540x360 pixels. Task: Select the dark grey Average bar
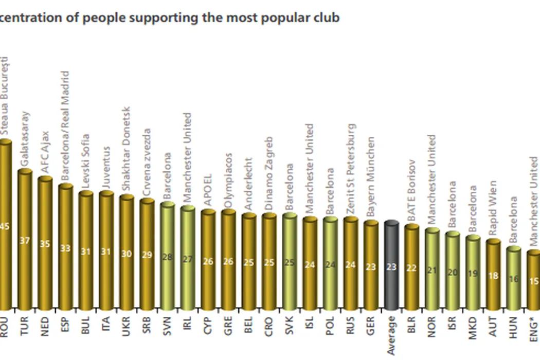click(x=391, y=265)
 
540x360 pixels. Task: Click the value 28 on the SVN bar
click(x=167, y=257)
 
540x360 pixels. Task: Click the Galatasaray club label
click(x=25, y=139)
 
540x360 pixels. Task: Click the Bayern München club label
click(x=371, y=178)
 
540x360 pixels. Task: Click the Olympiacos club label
click(x=228, y=181)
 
